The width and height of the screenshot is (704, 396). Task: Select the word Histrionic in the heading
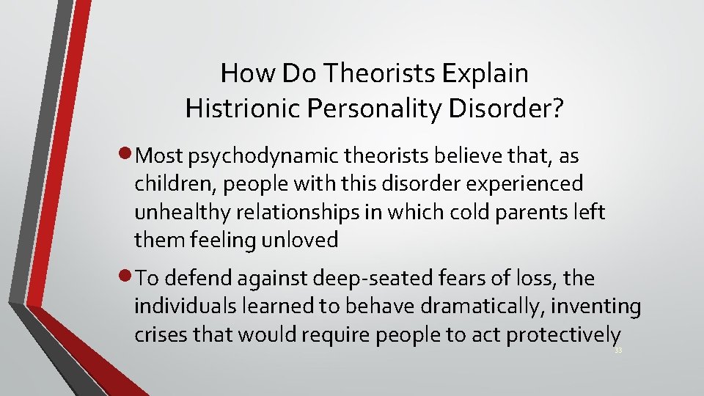(234, 109)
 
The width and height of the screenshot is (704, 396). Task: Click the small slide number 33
(618, 351)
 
